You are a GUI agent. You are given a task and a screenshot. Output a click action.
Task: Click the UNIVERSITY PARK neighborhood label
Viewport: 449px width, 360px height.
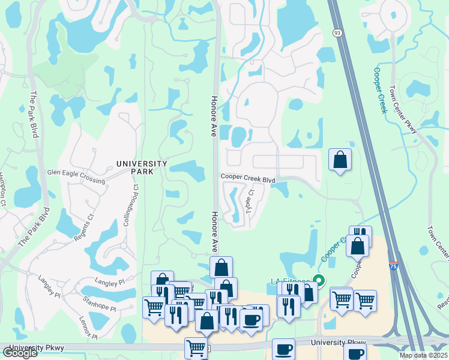tap(142, 167)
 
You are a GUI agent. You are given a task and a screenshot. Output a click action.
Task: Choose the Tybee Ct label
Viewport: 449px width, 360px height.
tap(249, 201)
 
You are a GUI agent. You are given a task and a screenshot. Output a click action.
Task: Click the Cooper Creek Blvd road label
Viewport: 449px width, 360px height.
tap(247, 178)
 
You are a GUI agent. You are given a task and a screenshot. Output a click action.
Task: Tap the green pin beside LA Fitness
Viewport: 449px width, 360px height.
tap(319, 280)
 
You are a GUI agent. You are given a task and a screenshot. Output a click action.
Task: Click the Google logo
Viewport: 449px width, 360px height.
tap(20, 353)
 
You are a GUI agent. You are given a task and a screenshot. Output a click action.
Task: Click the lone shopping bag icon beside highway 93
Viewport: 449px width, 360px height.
tap(340, 160)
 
